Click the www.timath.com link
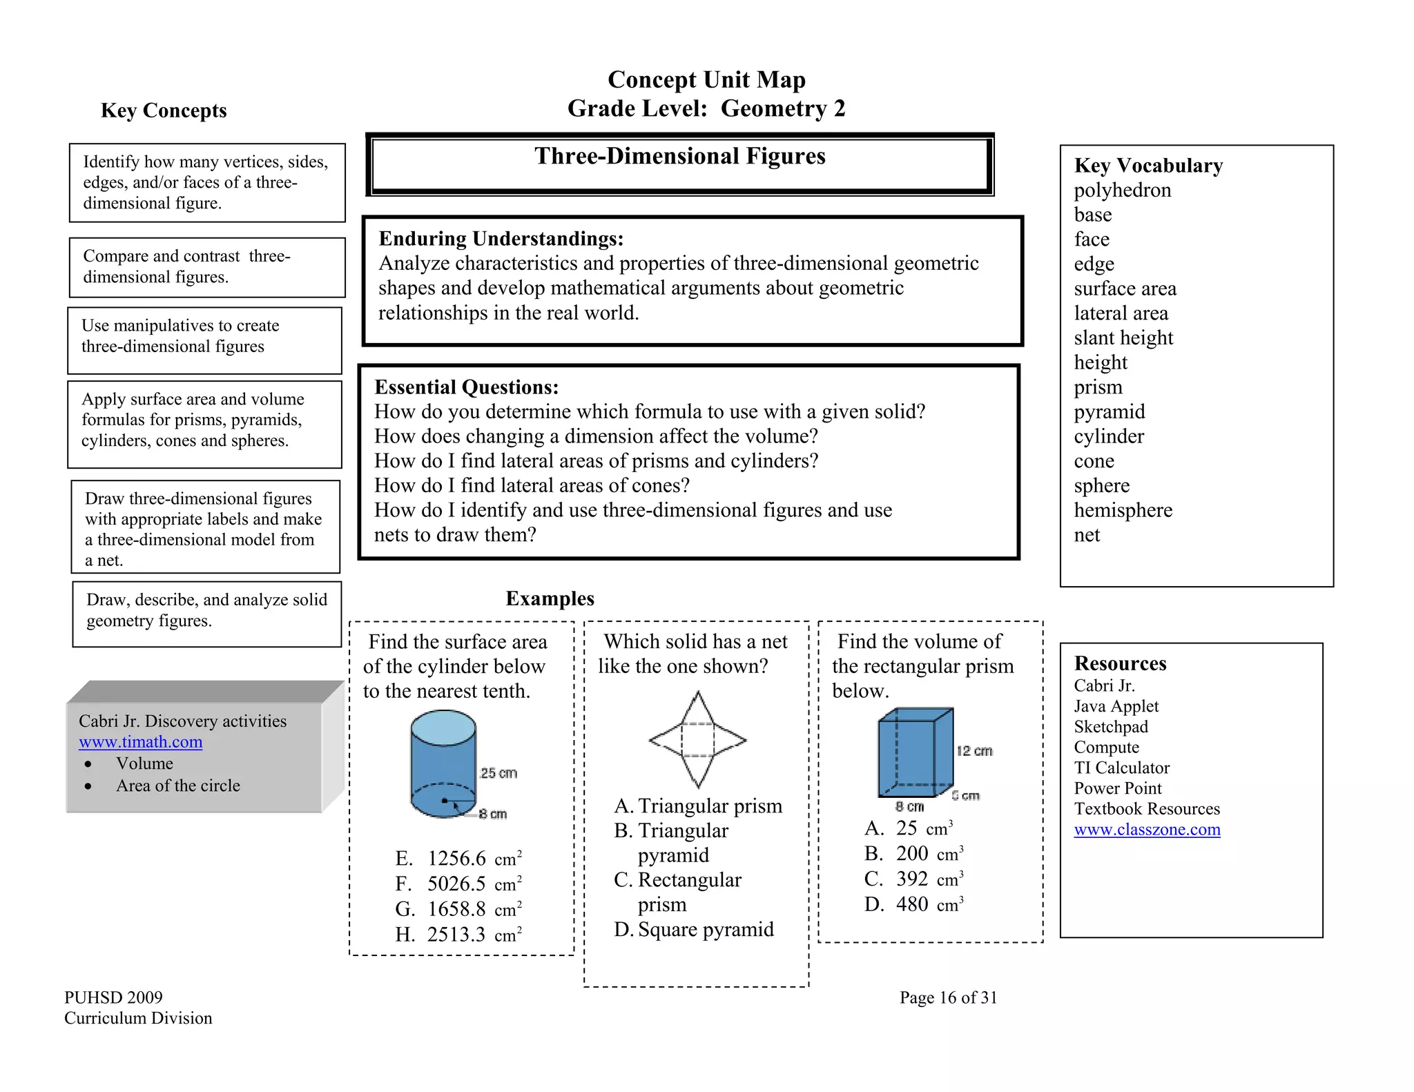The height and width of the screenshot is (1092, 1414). [x=140, y=742]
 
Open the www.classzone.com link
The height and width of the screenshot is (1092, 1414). [x=1147, y=830]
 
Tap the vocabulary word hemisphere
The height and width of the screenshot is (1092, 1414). [x=1123, y=510]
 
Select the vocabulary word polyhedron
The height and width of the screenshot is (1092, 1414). [x=1122, y=190]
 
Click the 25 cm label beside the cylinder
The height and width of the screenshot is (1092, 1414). [x=498, y=773]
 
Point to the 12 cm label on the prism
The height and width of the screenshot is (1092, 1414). [x=974, y=751]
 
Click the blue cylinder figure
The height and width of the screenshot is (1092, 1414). [x=443, y=765]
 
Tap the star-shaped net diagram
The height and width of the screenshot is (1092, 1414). [x=697, y=740]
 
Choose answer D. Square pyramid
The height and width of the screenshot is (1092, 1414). [x=694, y=930]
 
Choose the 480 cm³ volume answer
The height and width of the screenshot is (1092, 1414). [x=913, y=904]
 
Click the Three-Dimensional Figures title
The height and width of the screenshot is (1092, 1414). [x=679, y=156]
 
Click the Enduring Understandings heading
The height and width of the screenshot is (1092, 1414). [x=501, y=239]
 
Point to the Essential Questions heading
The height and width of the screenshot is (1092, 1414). [x=466, y=387]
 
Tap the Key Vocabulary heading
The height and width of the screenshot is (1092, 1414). [x=1148, y=166]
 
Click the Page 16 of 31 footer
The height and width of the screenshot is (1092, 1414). [x=948, y=997]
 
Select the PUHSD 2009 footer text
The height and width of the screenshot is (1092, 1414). [x=113, y=997]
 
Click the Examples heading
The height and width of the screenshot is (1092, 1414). [x=550, y=598]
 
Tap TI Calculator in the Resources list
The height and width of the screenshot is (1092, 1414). [x=1121, y=768]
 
